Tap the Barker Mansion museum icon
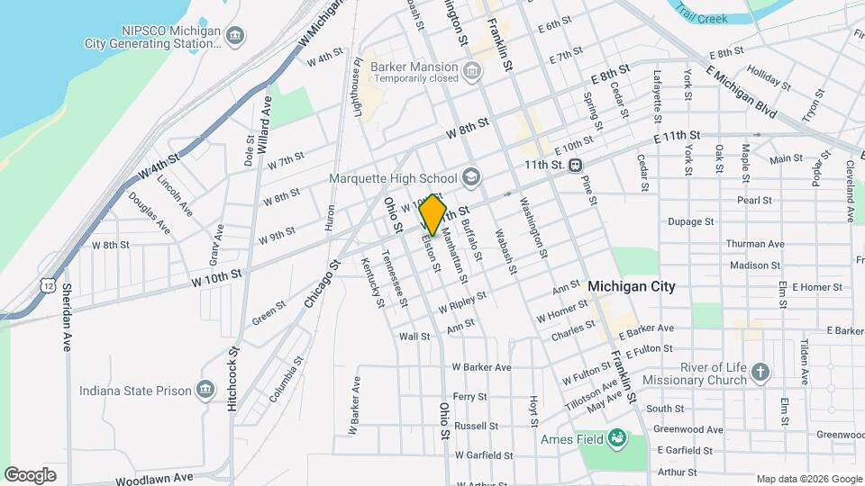(x=470, y=71)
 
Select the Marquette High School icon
(x=470, y=175)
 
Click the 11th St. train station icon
(x=575, y=166)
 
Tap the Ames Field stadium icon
(x=617, y=439)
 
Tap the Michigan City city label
(x=631, y=286)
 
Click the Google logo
(x=30, y=474)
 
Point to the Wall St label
(x=414, y=337)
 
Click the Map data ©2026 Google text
(x=807, y=479)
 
